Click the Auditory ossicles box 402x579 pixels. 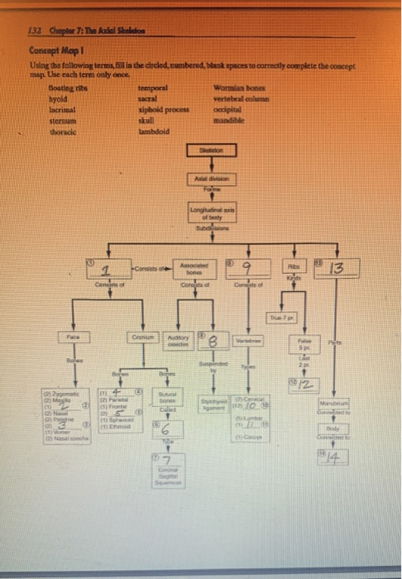(176, 341)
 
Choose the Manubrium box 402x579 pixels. (340, 403)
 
